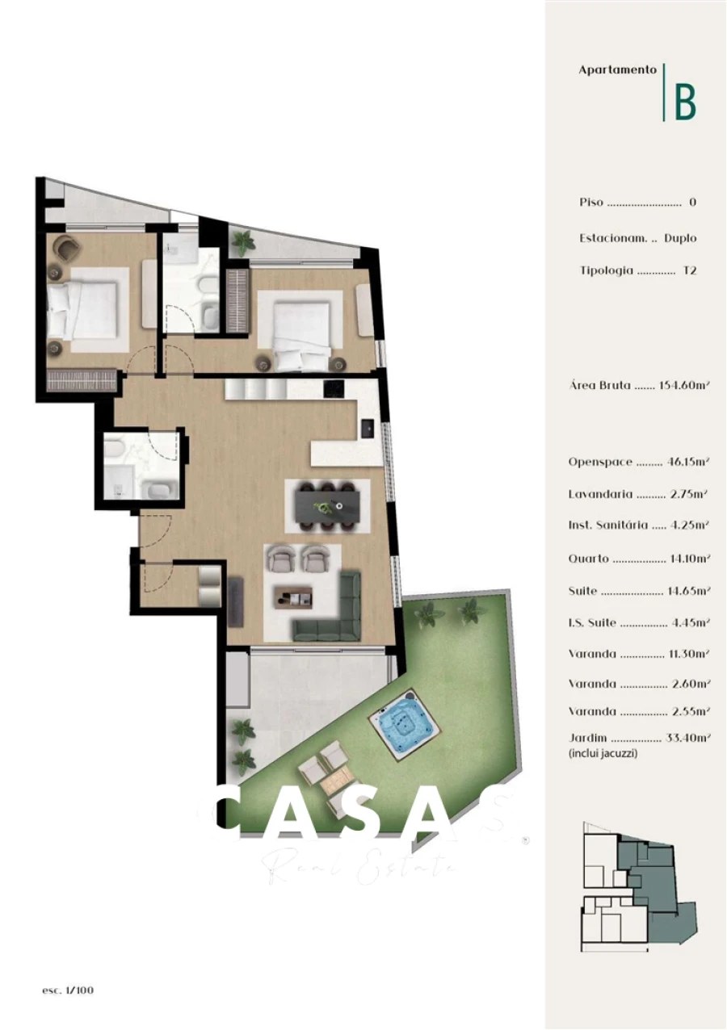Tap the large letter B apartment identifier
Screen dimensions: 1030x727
[x=685, y=101]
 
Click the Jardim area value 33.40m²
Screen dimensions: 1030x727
[x=687, y=738]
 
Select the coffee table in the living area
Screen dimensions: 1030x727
[x=292, y=597]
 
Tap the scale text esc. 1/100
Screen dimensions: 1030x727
[x=68, y=990]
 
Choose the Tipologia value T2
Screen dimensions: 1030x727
[x=689, y=271]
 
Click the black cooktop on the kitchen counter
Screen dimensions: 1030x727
[x=333, y=389]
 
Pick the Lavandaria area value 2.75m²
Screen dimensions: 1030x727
[x=690, y=494]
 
